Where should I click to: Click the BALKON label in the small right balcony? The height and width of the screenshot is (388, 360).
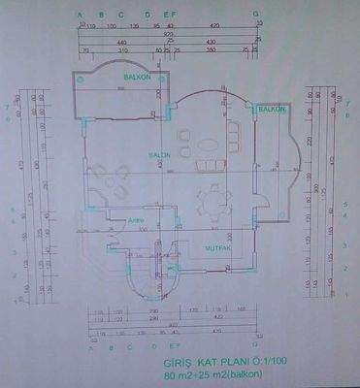point(272,110)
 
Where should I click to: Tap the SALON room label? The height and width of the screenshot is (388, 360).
point(160,155)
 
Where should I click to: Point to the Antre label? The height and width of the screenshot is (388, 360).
point(136,220)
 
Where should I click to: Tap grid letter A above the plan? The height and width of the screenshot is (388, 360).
point(81,16)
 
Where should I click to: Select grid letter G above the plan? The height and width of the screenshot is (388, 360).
point(256,16)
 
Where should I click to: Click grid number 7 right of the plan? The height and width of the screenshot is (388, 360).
point(346,98)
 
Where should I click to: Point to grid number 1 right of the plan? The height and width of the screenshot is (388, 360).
point(346,290)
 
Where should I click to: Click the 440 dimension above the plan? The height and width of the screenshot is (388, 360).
point(121,44)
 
